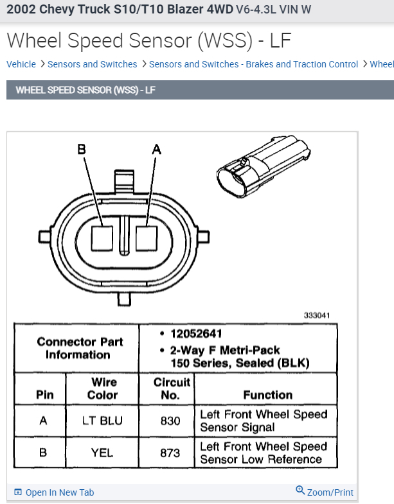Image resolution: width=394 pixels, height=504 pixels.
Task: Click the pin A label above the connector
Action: point(156,150)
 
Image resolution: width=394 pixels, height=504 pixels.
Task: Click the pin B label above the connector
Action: point(82,150)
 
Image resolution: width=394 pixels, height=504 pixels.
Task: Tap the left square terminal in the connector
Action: point(102,238)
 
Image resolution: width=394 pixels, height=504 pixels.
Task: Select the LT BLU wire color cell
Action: point(102,421)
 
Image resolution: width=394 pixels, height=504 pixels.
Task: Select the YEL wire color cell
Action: point(102,453)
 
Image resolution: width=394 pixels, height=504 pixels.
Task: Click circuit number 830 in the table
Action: point(170,421)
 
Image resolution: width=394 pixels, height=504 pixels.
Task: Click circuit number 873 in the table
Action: point(170,453)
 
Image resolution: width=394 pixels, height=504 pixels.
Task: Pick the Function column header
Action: point(267,395)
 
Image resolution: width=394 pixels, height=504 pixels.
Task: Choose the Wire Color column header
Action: point(102,388)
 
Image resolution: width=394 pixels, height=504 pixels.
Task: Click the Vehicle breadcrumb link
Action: point(21,64)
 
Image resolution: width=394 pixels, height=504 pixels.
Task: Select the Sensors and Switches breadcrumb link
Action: point(92,64)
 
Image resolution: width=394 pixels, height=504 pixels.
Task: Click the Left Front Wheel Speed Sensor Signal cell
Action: point(264,421)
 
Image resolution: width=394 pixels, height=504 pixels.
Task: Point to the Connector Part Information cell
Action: point(78,348)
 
